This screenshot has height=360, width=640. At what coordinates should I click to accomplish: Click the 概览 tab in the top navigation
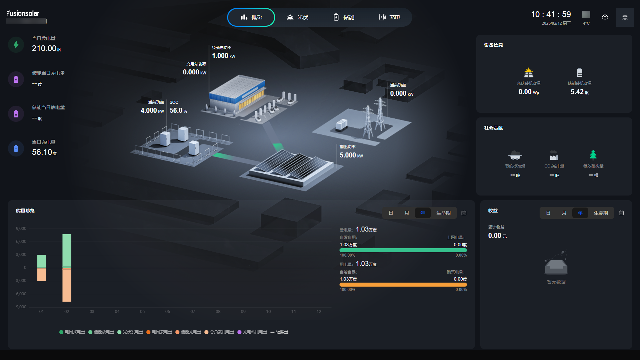click(x=251, y=17)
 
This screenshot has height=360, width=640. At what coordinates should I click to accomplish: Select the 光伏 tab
click(x=297, y=17)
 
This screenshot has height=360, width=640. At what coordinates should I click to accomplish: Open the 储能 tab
click(x=344, y=17)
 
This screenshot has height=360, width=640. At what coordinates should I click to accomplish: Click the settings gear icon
click(x=605, y=17)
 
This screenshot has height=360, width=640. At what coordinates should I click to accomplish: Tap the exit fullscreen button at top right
click(x=625, y=17)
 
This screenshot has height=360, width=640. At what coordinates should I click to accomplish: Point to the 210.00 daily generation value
click(x=44, y=48)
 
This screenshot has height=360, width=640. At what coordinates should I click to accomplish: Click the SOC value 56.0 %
click(x=178, y=110)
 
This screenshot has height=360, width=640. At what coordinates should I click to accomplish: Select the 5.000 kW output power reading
click(x=351, y=155)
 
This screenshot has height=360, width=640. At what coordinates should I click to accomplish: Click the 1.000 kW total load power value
click(x=223, y=56)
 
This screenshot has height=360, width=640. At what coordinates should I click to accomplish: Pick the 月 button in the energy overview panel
click(x=407, y=213)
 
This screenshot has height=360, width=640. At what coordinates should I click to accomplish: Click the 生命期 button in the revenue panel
click(x=601, y=213)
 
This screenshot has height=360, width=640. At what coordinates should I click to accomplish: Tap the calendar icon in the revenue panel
click(x=621, y=213)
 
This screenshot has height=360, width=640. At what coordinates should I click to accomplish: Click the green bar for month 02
click(x=67, y=250)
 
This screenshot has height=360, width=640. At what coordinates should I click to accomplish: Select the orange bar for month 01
click(x=42, y=275)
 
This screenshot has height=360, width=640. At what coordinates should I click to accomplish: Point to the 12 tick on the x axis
click(x=319, y=312)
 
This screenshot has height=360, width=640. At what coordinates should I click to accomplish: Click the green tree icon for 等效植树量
click(x=593, y=155)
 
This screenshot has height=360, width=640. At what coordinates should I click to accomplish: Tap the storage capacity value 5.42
click(x=577, y=92)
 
